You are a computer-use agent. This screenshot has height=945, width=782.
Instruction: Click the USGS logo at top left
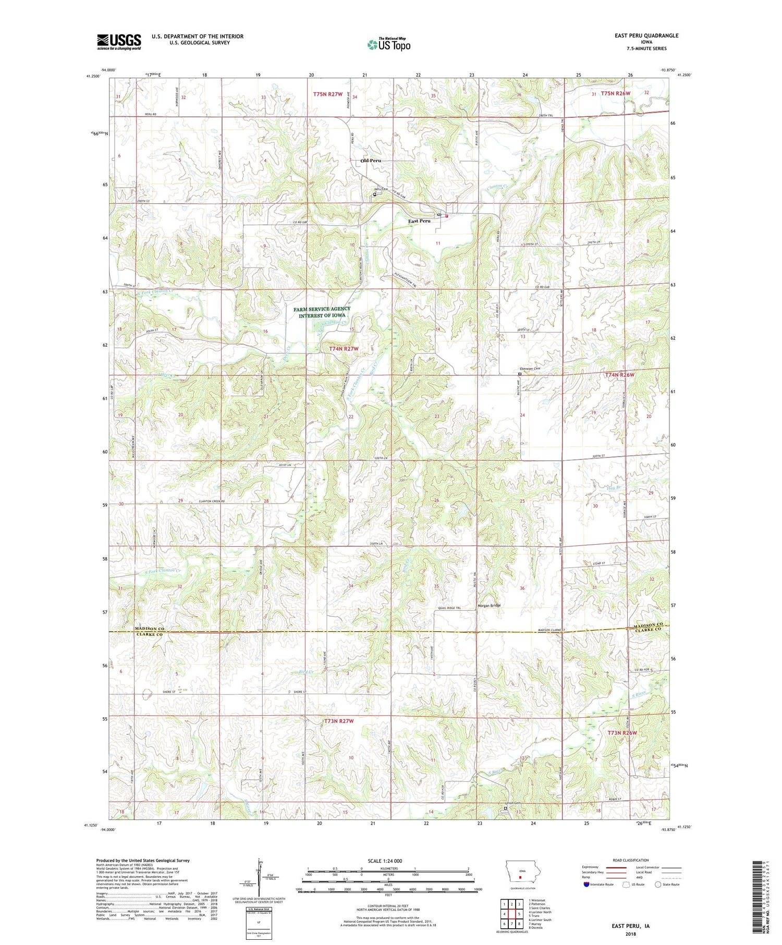[x=119, y=42]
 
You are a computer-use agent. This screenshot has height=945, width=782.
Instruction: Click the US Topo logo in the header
[x=389, y=45]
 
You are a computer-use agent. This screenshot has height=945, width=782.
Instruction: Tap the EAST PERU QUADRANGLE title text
[x=646, y=35]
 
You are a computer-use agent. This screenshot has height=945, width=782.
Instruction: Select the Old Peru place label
[x=371, y=161]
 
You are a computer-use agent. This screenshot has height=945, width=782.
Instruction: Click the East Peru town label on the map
[x=419, y=221]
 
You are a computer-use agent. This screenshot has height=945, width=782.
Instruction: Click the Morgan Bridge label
[x=489, y=606]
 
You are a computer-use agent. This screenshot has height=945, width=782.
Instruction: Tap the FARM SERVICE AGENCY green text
[x=325, y=309]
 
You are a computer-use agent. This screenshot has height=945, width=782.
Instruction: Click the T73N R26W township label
[x=622, y=733]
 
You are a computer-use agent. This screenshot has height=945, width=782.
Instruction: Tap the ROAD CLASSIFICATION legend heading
[x=631, y=860]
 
